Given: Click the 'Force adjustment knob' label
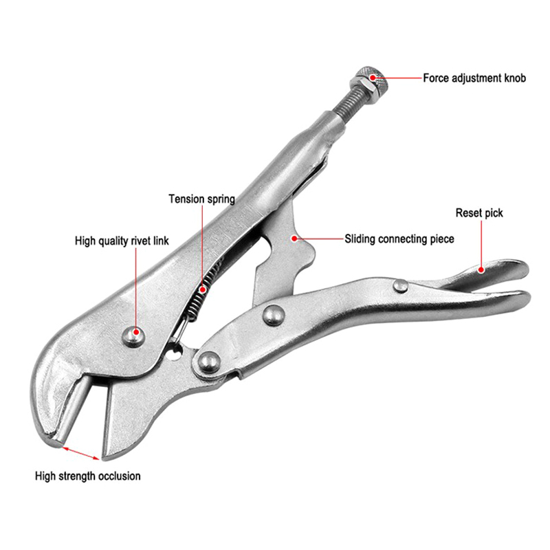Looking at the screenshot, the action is (x=474, y=78).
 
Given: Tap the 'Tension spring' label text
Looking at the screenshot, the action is (x=201, y=199).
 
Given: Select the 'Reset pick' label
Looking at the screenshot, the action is (x=479, y=213).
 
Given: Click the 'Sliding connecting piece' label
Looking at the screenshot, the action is (x=399, y=239).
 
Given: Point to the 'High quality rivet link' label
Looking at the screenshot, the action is (x=122, y=241).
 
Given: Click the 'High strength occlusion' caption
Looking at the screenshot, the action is (x=88, y=476).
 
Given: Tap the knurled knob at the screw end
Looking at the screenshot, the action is (x=374, y=81).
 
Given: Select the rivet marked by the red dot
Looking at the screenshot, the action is (x=133, y=336).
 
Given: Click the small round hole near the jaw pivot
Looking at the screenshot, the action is (x=175, y=353).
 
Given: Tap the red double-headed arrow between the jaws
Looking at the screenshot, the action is (x=81, y=453).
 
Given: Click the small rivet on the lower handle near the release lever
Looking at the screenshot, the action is (x=401, y=286).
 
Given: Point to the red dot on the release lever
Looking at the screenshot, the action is (x=482, y=269).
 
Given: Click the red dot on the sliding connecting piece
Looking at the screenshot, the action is (x=295, y=239).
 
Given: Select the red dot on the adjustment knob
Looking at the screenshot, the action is (x=373, y=77).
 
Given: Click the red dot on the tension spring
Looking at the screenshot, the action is (x=202, y=289).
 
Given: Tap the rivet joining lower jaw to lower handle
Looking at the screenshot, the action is (x=209, y=363).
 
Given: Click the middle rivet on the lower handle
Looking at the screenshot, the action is (x=274, y=315).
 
